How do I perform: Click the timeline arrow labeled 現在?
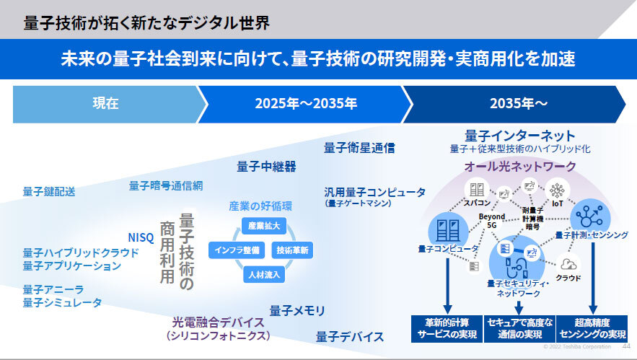[x=105, y=104]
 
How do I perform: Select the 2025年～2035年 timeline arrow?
[x=305, y=104]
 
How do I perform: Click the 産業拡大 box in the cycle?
[x=263, y=226]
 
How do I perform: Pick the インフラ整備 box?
[x=237, y=250]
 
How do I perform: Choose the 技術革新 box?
[x=292, y=250]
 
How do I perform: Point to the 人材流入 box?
[x=264, y=275]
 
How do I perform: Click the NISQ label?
[x=141, y=237]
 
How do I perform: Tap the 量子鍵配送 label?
[x=49, y=191]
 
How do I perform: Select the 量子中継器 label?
[x=266, y=167]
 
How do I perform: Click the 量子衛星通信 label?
[x=359, y=148]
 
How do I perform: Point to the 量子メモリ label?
[x=297, y=311]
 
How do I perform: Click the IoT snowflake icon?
[x=557, y=189]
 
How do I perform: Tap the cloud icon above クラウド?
[x=568, y=264]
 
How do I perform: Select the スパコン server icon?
[x=477, y=189]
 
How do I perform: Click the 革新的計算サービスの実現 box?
[x=447, y=329]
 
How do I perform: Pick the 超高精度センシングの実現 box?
[x=592, y=329]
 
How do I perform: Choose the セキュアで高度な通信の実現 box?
[x=519, y=329]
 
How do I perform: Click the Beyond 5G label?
[x=492, y=221]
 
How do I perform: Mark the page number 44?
[x=626, y=346]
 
